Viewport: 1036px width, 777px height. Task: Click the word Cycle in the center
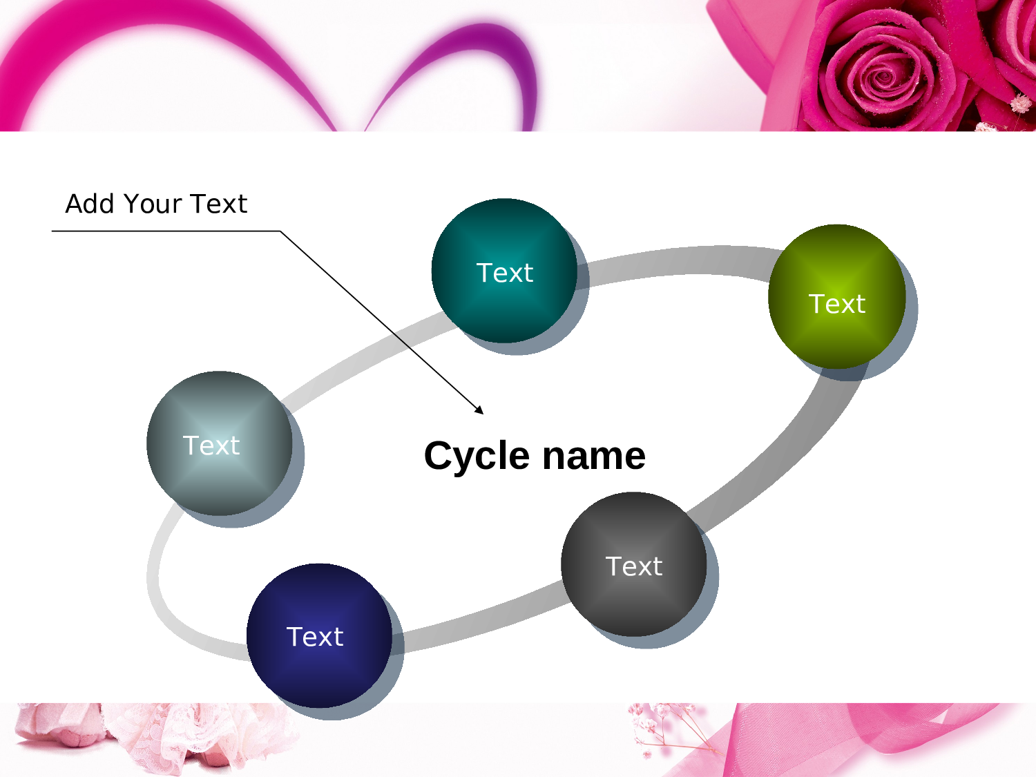click(477, 457)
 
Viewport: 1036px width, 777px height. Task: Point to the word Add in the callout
click(90, 204)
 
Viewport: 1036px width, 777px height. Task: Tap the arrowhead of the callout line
click(480, 411)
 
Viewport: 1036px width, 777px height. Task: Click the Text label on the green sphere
click(836, 304)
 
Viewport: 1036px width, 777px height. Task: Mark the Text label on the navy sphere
click(315, 637)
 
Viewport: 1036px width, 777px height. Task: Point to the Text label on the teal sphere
click(505, 274)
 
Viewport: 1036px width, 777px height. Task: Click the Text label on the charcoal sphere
click(634, 566)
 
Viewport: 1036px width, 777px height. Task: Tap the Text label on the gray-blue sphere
click(211, 445)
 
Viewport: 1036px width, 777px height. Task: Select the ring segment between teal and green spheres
click(677, 261)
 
